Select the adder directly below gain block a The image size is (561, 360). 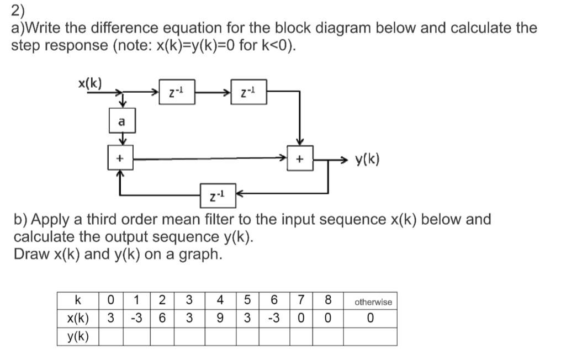tap(120, 159)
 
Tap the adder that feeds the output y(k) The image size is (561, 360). tap(300, 159)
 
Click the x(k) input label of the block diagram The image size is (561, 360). tap(89, 83)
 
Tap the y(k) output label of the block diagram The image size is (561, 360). tap(367, 160)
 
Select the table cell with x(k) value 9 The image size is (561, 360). tap(220, 319)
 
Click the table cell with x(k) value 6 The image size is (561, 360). tap(162, 319)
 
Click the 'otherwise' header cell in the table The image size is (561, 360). tap(373, 301)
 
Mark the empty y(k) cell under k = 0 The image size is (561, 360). tap(111, 336)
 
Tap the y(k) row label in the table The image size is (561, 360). tap(78, 336)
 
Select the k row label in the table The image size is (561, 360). tap(78, 301)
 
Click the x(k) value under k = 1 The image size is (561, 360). tap(136, 319)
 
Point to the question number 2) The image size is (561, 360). tap(18, 10)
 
